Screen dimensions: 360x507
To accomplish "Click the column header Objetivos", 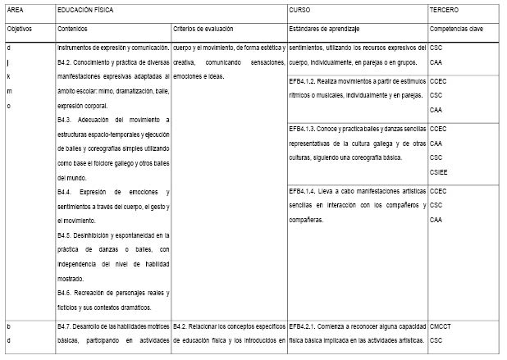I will coord(20,27).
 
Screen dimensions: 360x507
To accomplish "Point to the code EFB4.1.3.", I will coord(305,129).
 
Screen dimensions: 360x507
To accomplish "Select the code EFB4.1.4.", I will coord(305,191).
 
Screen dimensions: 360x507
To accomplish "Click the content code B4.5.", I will coord(66,235).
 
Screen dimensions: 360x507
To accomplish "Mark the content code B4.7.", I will coord(66,326).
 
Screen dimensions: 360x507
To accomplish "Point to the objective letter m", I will coord(9,91).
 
